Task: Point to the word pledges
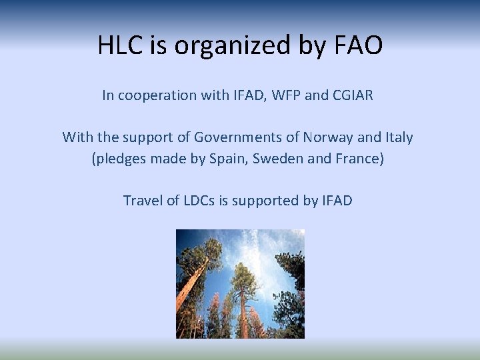pos(117,161)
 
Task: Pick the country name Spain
pos(231,161)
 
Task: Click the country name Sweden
pos(281,161)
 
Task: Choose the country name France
pos(359,161)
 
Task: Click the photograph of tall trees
pos(240,283)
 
